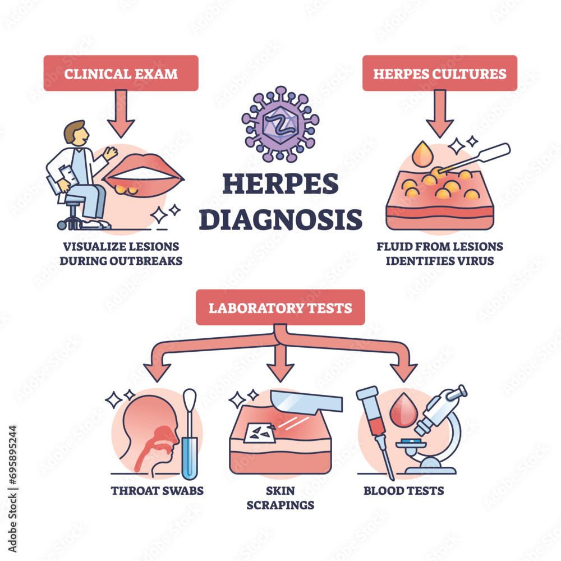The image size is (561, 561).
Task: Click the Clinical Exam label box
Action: pos(121,73)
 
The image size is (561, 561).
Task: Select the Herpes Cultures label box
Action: pos(439,73)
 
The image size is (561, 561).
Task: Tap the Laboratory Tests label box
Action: pos(280,307)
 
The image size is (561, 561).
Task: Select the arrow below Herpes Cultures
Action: pos(439,112)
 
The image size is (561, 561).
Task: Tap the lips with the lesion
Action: pos(144,177)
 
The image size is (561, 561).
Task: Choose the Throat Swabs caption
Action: pos(157,491)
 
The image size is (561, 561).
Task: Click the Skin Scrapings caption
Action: pos(280,498)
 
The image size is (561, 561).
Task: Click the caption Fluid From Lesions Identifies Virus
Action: pos(439,254)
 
